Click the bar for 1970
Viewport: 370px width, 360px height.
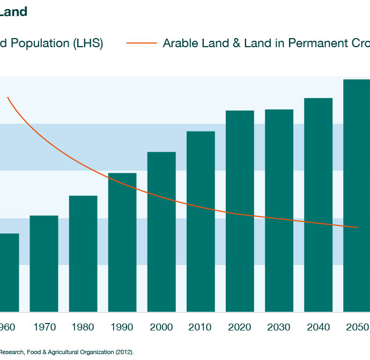click(44, 263)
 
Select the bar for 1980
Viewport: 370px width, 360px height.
click(83, 254)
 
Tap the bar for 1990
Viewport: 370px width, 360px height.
click(122, 243)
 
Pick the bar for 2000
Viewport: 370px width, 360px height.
click(161, 232)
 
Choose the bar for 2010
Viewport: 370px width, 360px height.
click(201, 222)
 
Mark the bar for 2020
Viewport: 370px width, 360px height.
click(240, 211)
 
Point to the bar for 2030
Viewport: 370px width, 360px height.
click(279, 210)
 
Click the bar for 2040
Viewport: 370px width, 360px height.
click(318, 205)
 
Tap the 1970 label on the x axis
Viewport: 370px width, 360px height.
click(44, 327)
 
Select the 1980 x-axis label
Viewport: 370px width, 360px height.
click(83, 327)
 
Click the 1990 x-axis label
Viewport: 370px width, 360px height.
click(122, 327)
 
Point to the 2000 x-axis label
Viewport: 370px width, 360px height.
click(161, 327)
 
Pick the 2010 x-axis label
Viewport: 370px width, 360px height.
click(201, 327)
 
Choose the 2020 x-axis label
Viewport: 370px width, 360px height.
click(240, 327)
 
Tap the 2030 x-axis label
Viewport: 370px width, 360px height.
click(279, 327)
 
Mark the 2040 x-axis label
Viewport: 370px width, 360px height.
click(318, 327)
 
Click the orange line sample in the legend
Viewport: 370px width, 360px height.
click(142, 43)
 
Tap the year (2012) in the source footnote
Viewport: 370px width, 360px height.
click(123, 352)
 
